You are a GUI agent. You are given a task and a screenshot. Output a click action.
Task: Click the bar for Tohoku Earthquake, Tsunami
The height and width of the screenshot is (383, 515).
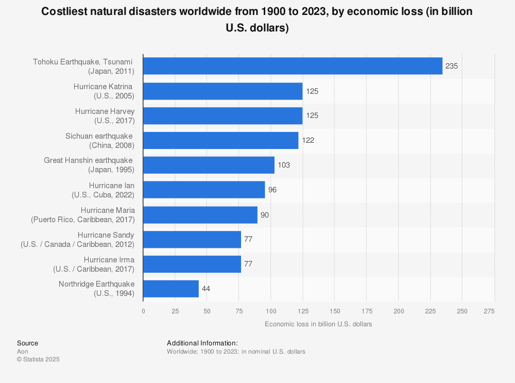(293, 66)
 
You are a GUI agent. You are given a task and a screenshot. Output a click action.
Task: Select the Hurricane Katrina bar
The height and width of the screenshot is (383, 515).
(222, 91)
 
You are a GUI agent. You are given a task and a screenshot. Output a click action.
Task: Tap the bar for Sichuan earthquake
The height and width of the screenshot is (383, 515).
(220, 140)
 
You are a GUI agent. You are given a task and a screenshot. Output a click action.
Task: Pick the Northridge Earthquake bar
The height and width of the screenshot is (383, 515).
(171, 289)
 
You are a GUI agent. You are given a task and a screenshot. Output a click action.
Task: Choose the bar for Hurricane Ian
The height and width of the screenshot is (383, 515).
(204, 190)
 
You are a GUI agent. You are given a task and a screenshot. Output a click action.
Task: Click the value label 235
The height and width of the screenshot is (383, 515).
(452, 66)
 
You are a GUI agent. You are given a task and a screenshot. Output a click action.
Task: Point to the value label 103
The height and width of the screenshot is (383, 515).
(284, 165)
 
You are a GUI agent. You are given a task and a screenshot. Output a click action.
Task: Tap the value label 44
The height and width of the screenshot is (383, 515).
(206, 289)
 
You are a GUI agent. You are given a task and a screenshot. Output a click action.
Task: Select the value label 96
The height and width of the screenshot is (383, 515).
(272, 190)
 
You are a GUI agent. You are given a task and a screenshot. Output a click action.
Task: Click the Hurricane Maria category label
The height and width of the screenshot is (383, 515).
(83, 214)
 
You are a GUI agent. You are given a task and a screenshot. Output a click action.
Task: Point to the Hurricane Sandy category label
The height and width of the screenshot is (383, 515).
(78, 239)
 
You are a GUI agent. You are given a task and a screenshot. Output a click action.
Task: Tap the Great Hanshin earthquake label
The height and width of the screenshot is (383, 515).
(89, 165)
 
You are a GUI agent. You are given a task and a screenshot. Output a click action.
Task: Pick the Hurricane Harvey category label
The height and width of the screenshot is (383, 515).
(105, 115)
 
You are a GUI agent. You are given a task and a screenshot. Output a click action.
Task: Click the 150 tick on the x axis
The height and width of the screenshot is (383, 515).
(335, 311)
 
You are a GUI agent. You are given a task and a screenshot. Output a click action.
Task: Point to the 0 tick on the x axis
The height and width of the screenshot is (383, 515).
(143, 311)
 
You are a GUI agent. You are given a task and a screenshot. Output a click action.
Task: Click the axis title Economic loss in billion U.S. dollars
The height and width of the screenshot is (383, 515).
(318, 324)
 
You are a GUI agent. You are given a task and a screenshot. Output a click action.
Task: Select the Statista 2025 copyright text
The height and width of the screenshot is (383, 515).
(38, 359)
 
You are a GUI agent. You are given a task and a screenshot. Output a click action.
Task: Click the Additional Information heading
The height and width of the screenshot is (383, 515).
(202, 343)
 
